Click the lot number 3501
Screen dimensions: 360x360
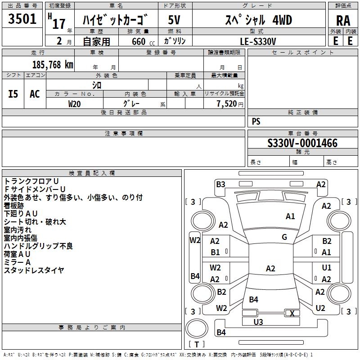point(22,19)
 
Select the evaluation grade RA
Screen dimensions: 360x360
point(343,21)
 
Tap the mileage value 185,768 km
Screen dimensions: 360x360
point(53,65)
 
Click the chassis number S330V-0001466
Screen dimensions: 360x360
point(302,143)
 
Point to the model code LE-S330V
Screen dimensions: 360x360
point(258,41)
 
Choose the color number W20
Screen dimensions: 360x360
point(74,104)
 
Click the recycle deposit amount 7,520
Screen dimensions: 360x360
point(227,104)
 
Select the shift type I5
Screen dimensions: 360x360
point(13,94)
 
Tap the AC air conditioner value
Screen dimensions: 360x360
point(35,94)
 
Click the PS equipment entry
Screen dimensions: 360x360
point(256,121)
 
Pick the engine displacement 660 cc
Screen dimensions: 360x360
point(143,41)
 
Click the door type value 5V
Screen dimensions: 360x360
point(174,20)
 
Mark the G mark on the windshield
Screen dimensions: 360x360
point(284,237)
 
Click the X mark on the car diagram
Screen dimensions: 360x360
point(292,313)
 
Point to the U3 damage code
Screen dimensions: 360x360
point(258,322)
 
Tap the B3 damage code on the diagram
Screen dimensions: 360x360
point(220,184)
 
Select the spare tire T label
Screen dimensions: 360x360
point(197,344)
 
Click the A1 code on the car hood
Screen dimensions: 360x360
point(290,216)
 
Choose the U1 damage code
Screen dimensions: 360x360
point(327,268)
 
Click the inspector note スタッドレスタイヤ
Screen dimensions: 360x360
point(34,270)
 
